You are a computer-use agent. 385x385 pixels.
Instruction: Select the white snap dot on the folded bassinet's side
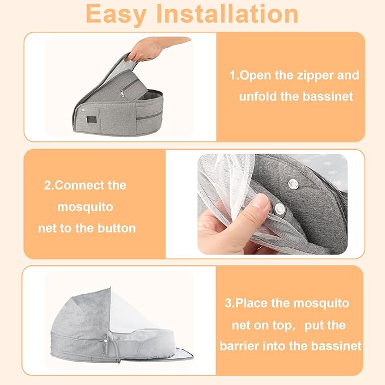(83, 108)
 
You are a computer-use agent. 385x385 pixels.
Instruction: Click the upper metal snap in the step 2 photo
(293, 182)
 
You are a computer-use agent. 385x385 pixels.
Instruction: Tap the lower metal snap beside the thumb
(280, 209)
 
